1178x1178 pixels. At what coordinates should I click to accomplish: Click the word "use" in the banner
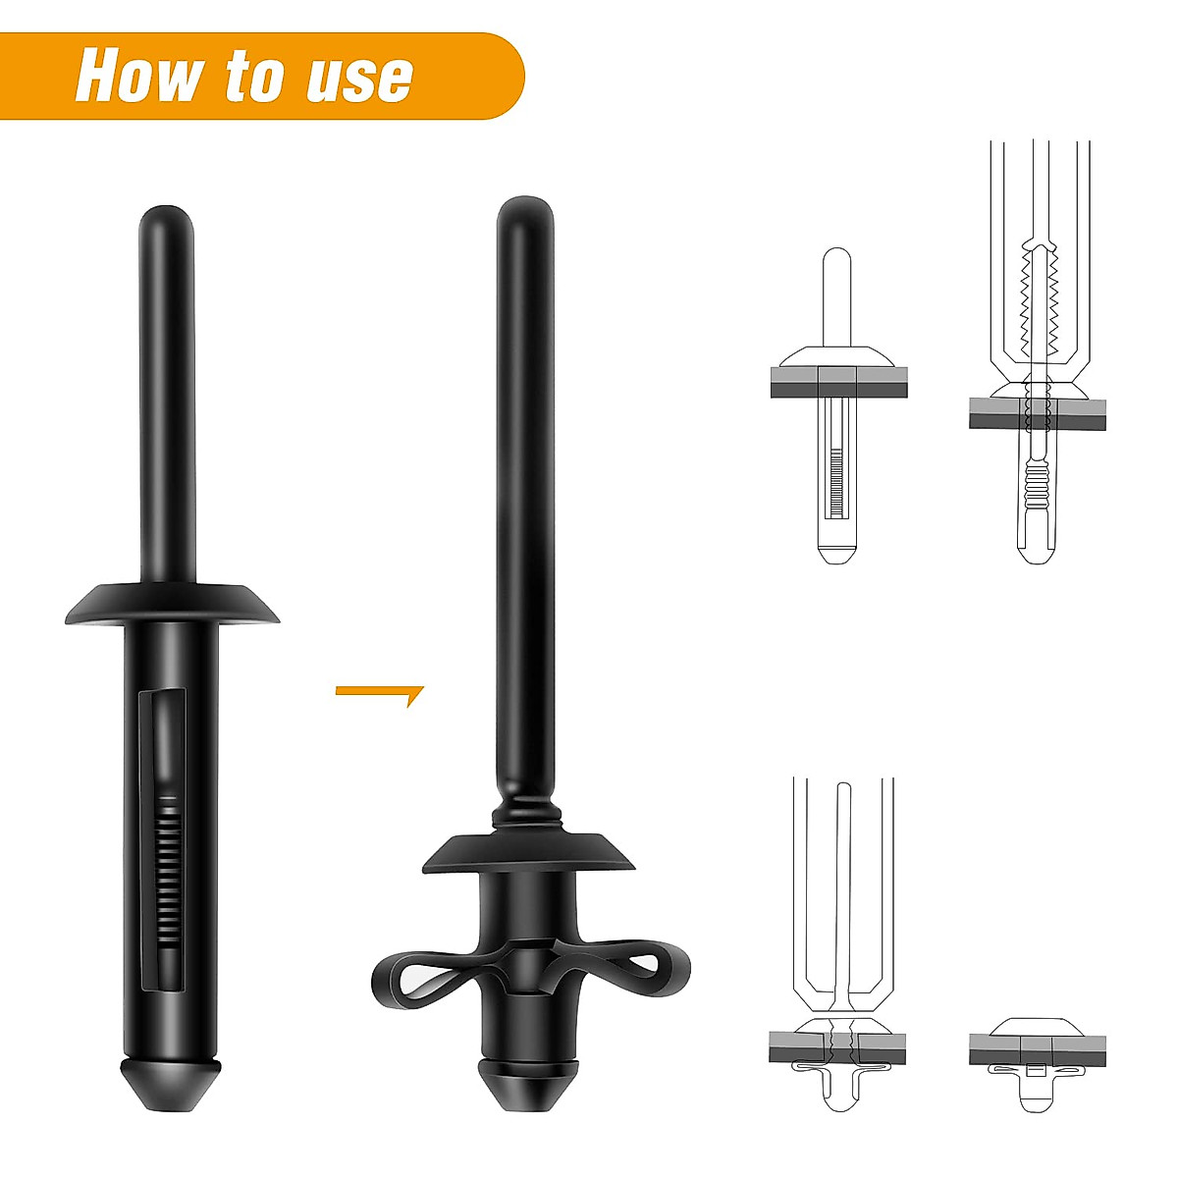[358, 77]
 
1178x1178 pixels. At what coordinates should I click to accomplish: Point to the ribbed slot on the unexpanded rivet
[169, 864]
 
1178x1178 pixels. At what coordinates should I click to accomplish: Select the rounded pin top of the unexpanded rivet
[166, 221]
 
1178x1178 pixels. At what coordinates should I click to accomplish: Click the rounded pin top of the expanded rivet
[524, 211]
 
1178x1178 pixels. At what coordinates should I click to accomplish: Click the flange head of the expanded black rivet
[528, 852]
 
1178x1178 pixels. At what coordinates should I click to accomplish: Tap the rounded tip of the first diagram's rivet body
[834, 550]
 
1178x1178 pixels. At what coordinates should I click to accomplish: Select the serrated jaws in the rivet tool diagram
[1039, 294]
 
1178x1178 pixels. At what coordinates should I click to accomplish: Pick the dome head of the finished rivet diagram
[1037, 1026]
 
